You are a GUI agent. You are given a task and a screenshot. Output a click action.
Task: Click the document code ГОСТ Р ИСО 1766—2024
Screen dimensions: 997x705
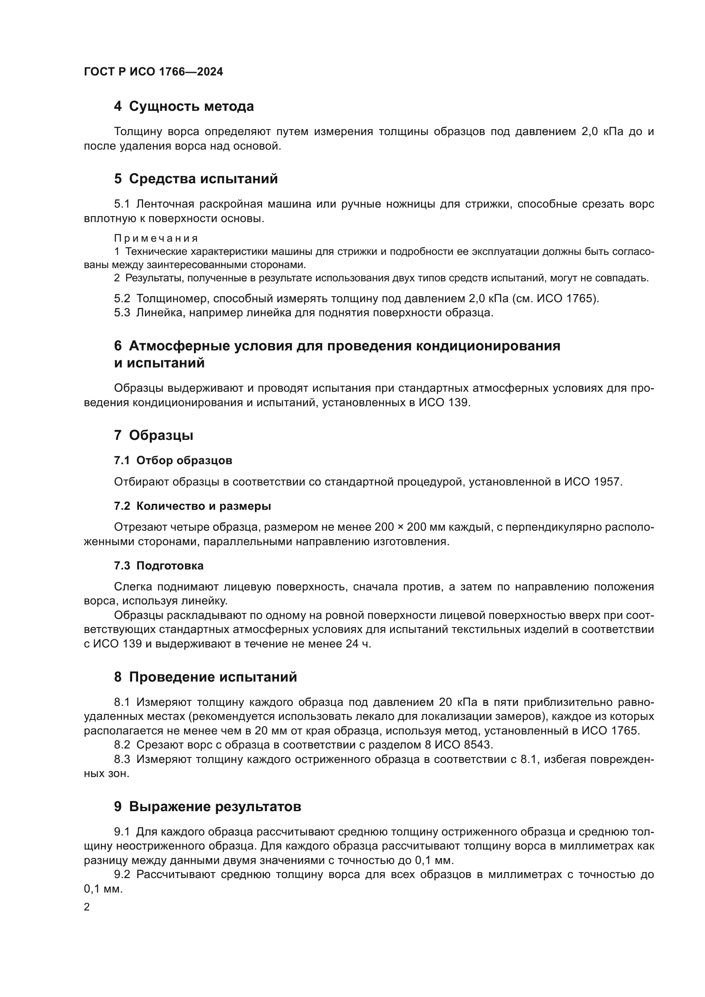[x=153, y=72]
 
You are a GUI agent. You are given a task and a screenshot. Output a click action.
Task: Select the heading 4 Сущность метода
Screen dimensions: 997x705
[x=184, y=107]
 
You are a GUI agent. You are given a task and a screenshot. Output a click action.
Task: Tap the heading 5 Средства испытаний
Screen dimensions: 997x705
[x=196, y=179]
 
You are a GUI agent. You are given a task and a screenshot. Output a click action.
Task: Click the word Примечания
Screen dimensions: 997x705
[x=156, y=238]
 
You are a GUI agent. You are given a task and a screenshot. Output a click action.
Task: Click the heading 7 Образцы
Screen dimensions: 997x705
[x=154, y=436]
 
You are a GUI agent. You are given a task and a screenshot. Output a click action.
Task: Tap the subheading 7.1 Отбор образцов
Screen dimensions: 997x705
[x=173, y=461]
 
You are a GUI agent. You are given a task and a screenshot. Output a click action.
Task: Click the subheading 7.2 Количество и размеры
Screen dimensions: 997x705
[x=192, y=506]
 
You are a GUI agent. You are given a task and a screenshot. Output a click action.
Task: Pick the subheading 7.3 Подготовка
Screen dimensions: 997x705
[x=159, y=566]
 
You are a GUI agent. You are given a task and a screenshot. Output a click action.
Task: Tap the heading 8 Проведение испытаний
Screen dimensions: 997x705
[x=205, y=677]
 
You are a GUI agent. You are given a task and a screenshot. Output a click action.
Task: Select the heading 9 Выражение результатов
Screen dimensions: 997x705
[x=208, y=807]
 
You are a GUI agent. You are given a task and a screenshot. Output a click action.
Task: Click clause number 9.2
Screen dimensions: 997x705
[x=122, y=875]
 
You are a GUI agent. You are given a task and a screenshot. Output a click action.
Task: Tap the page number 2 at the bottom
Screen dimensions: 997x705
[x=87, y=907]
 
